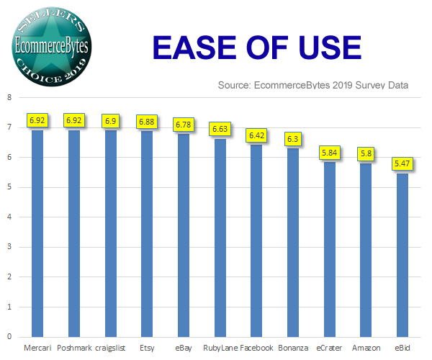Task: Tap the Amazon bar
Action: [x=366, y=249]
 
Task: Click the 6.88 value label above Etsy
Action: [x=147, y=121]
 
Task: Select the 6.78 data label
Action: [x=184, y=125]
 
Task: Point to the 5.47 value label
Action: [x=403, y=164]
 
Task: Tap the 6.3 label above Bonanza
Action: [x=294, y=138]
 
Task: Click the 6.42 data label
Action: [x=257, y=135]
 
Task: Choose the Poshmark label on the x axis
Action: [x=73, y=348]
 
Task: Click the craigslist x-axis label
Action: [x=111, y=348]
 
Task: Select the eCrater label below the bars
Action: [x=330, y=348]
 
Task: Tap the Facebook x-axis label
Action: [x=257, y=348]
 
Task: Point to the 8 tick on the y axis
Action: [x=9, y=98]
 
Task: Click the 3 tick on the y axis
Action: [x=9, y=247]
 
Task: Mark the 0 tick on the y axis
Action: [x=9, y=336]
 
